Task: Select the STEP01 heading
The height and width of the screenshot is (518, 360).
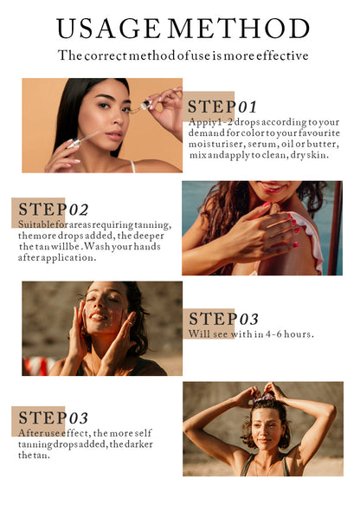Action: pos(222,107)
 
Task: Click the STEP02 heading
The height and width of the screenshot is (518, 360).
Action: pos(53,210)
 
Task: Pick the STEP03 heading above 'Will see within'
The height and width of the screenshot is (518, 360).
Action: pos(223,319)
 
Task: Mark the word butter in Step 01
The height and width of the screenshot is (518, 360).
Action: pos(321,145)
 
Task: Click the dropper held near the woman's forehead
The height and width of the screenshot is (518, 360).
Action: pos(144,107)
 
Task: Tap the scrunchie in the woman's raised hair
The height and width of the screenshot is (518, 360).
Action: pos(268,397)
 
